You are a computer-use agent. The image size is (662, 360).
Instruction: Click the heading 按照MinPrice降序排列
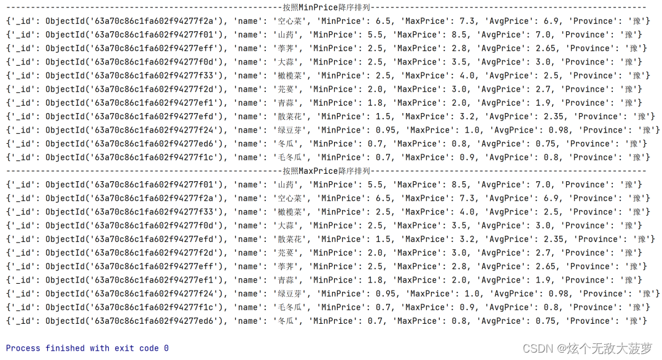[326, 7]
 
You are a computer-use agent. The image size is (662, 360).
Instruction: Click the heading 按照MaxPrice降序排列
[326, 171]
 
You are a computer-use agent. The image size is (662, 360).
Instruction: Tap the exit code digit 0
[166, 348]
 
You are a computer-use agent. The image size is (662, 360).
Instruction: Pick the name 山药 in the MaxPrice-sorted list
[284, 184]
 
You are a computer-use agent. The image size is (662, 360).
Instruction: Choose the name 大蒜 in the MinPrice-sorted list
[284, 62]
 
